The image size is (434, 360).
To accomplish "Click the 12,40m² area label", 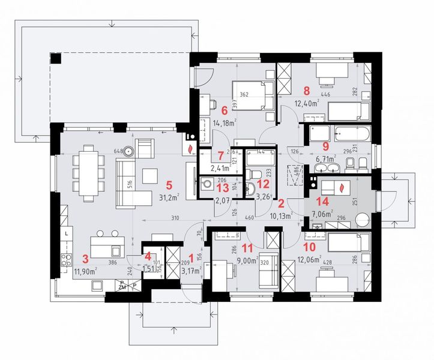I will coord(306,103).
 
